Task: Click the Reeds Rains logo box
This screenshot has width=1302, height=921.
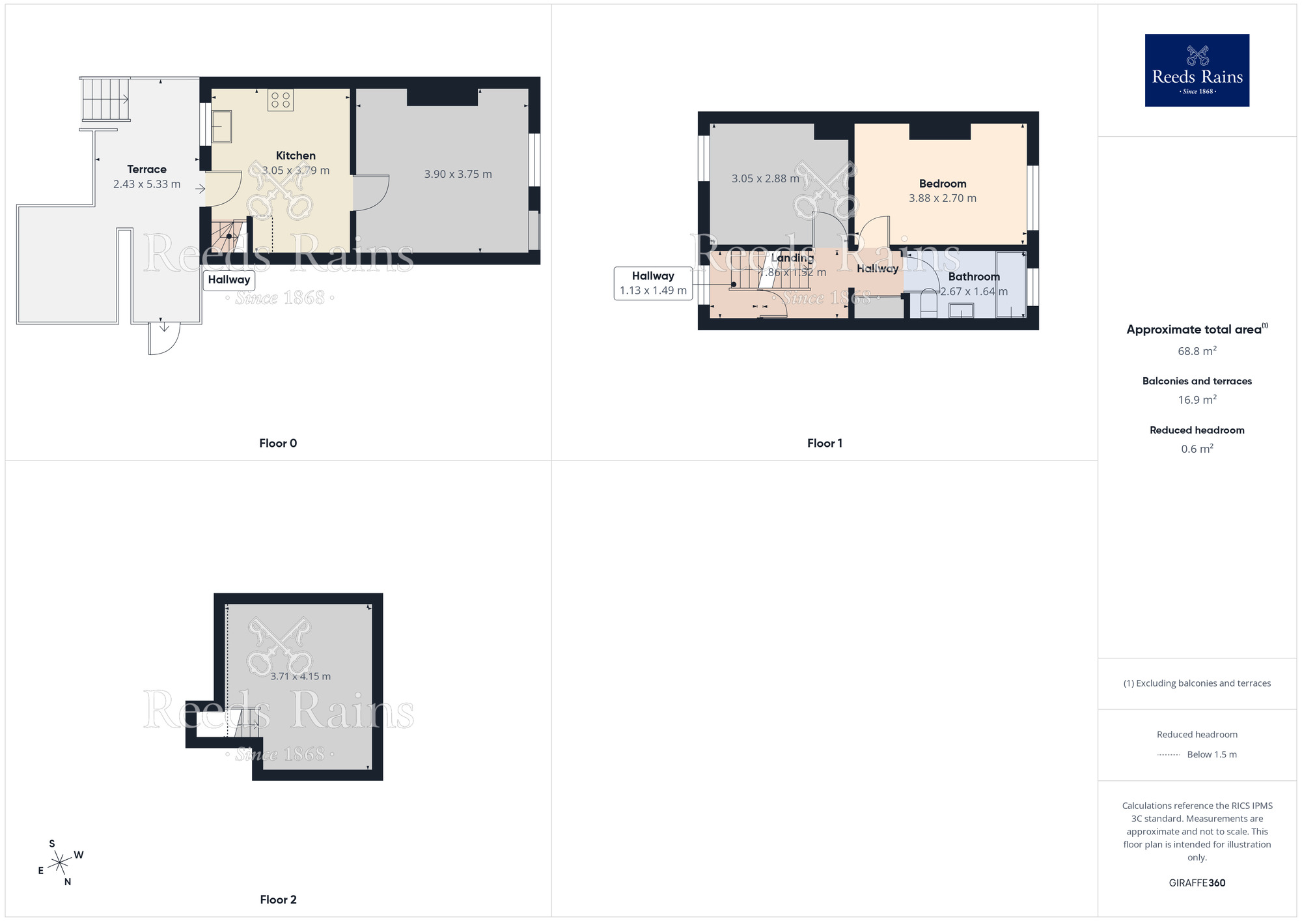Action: pyautogui.click(x=1197, y=70)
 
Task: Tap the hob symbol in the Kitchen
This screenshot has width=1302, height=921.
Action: pyautogui.click(x=281, y=100)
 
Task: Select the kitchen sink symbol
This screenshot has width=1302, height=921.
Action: pyautogui.click(x=221, y=126)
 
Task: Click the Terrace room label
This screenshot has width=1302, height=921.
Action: pyautogui.click(x=146, y=169)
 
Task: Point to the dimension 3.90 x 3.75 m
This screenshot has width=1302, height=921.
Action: pyautogui.click(x=458, y=174)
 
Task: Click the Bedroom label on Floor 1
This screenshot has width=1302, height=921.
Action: pyautogui.click(x=942, y=184)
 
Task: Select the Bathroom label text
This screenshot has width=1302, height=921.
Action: pyautogui.click(x=973, y=277)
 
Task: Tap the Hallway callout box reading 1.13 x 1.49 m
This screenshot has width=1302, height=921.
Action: pyautogui.click(x=652, y=283)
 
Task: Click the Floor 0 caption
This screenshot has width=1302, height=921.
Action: pyautogui.click(x=278, y=443)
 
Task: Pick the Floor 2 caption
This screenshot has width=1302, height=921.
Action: pyautogui.click(x=278, y=900)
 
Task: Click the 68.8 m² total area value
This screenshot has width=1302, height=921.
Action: pyautogui.click(x=1197, y=351)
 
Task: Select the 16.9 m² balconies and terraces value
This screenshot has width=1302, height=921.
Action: pyautogui.click(x=1197, y=400)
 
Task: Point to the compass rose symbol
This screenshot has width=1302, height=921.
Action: pyautogui.click(x=60, y=863)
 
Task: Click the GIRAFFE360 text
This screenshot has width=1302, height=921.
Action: pyautogui.click(x=1197, y=883)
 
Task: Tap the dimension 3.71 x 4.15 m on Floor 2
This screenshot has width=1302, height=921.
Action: pyautogui.click(x=300, y=676)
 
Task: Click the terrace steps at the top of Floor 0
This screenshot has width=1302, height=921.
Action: pyautogui.click(x=105, y=99)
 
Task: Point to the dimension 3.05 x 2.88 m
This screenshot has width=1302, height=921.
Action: pyautogui.click(x=765, y=178)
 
